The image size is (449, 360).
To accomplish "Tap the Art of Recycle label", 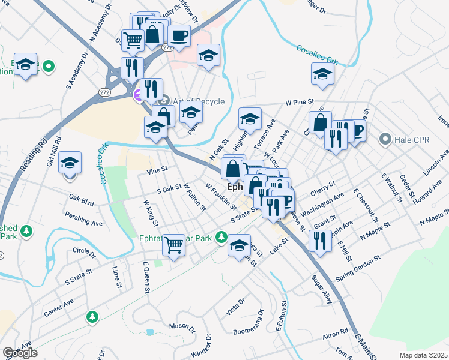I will [x=191, y=101].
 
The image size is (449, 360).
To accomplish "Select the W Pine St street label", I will [x=300, y=103].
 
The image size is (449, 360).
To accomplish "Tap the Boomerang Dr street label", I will [x=249, y=323].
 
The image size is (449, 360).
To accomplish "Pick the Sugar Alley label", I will [x=321, y=289].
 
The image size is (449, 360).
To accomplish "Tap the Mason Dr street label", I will [x=182, y=327].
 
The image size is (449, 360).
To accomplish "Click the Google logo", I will [x=20, y=353].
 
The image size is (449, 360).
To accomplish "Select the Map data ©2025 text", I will [x=423, y=355].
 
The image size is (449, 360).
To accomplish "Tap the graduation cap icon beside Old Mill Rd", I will [x=70, y=163].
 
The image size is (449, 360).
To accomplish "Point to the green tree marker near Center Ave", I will [x=92, y=316].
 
